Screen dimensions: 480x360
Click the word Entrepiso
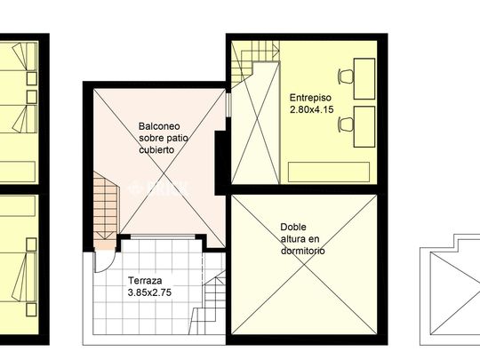coord(310,98)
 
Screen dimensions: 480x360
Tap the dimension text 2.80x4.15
coord(312,109)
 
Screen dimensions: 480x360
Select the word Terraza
coord(145,280)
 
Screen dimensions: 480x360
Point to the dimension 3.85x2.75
coord(149,292)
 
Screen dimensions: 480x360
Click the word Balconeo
coord(159,126)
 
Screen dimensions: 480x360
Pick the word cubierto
coord(156,149)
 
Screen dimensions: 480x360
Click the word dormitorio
coord(303,251)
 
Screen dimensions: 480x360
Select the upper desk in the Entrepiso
coord(364,79)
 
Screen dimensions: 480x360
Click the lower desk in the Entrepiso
coord(364,127)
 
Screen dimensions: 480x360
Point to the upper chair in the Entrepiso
coord(346,76)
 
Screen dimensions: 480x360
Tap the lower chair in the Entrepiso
coord(346,124)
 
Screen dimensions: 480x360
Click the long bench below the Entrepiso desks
coord(329,172)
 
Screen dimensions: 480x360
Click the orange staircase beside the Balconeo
coord(105,211)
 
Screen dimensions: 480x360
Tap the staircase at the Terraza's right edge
coord(208,303)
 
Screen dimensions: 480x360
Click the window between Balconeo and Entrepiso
coord(228,103)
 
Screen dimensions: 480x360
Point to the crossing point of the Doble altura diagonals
coord(304,265)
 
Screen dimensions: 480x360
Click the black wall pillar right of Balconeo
coord(220,163)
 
